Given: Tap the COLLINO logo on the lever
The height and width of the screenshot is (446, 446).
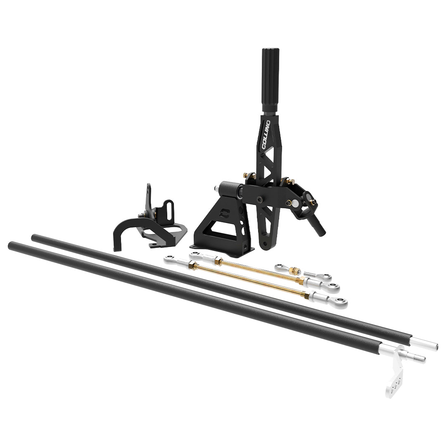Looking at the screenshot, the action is point(266,135).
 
